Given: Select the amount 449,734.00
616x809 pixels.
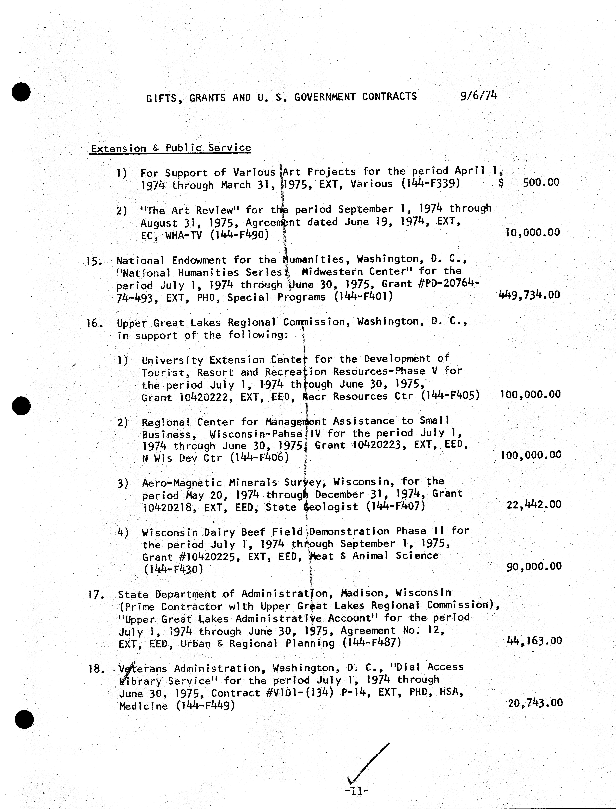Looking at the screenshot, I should coord(529,295).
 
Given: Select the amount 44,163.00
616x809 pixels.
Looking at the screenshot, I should coord(534,641).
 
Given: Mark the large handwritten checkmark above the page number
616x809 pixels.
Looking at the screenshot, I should coord(367,764).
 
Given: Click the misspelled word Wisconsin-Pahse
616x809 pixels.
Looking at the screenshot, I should coord(256,434).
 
